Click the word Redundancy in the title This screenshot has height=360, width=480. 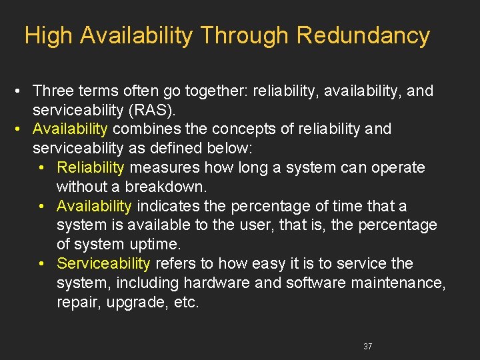click(x=363, y=35)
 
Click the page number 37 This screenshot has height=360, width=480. click(x=368, y=346)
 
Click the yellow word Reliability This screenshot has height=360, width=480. click(x=91, y=167)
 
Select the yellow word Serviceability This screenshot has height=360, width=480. click(x=104, y=263)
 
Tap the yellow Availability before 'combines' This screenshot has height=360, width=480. click(x=70, y=129)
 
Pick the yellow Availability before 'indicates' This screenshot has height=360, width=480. click(x=95, y=206)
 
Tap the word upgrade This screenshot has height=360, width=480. click(x=134, y=302)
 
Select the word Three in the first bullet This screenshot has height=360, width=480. click(x=52, y=90)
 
